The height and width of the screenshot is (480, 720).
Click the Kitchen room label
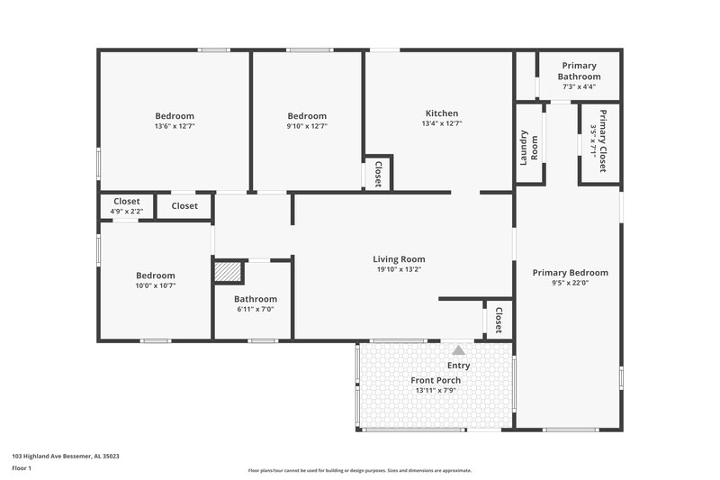click(442, 113)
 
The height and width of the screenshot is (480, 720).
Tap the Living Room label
click(399, 259)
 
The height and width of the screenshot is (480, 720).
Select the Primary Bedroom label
click(570, 273)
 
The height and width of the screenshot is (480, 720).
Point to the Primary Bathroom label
click(580, 71)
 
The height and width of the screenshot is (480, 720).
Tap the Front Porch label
click(437, 381)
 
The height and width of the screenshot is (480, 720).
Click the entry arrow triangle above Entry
click(458, 349)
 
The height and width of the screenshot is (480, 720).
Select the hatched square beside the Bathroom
click(228, 272)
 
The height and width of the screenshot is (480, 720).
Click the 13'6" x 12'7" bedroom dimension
click(175, 127)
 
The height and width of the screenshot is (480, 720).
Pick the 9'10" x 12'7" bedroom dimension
click(307, 127)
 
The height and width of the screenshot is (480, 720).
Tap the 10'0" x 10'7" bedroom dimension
click(156, 286)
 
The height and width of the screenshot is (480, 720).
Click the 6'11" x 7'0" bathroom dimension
click(256, 309)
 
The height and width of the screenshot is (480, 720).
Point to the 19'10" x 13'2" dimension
click(399, 269)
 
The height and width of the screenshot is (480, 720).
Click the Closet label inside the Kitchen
click(378, 173)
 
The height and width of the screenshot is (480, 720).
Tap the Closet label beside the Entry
click(498, 320)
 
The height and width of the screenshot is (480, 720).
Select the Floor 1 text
click(22, 469)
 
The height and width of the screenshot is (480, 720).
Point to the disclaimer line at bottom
click(359, 470)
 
